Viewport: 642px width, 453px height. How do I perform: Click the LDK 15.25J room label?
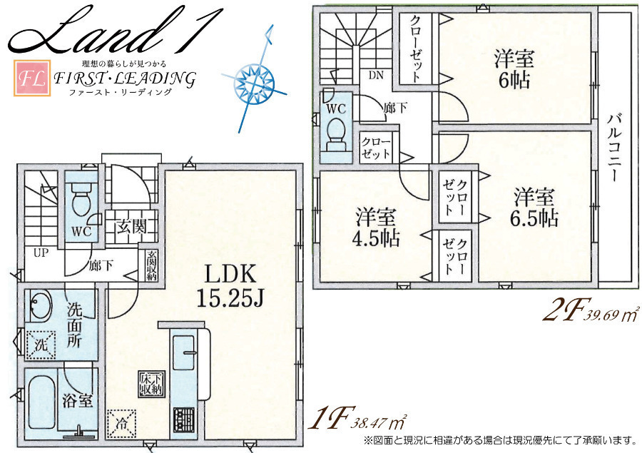point(230,286)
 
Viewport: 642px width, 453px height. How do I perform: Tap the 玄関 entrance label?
point(131,225)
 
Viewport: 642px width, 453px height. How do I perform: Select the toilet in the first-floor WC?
point(81,199)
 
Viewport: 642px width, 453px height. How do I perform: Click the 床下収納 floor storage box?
point(152,385)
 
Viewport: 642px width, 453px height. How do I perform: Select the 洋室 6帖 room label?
point(514,70)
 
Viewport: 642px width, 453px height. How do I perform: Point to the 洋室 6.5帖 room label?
point(534,208)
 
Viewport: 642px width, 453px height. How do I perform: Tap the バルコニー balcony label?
point(613,148)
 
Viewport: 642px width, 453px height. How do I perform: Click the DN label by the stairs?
point(376,76)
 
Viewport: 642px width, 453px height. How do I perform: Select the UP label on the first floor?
point(41,253)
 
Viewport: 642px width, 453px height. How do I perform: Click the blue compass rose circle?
point(253,82)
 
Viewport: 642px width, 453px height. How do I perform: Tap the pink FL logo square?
point(32,78)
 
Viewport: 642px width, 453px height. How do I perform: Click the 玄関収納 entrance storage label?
point(151,265)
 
